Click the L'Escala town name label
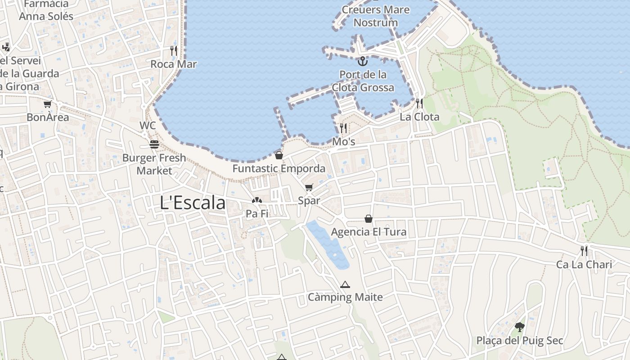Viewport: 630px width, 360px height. [193, 203]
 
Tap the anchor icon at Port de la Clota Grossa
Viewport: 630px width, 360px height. [363, 61]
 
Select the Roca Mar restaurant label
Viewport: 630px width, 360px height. [174, 64]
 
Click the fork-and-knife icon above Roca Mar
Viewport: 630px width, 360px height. [174, 50]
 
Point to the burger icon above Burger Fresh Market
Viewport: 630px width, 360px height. [154, 144]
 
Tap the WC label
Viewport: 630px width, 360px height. [148, 126]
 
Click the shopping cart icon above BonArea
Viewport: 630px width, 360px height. [47, 104]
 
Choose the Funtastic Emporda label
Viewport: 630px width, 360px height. [279, 169]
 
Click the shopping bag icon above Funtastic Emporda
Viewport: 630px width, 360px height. [279, 155]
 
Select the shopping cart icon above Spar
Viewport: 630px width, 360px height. [309, 187]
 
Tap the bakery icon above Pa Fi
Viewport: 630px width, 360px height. [257, 200]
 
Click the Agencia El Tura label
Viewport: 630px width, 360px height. [369, 232]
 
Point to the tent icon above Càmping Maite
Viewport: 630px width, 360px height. [345, 284]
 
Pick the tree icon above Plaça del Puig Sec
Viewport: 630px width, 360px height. [520, 327]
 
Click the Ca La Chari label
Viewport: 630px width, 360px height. [584, 264]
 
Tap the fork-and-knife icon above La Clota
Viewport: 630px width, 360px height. [419, 103]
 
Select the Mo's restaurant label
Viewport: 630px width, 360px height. [344, 142]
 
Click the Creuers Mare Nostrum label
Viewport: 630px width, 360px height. [376, 16]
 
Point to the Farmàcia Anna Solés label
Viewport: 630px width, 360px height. [46, 10]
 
